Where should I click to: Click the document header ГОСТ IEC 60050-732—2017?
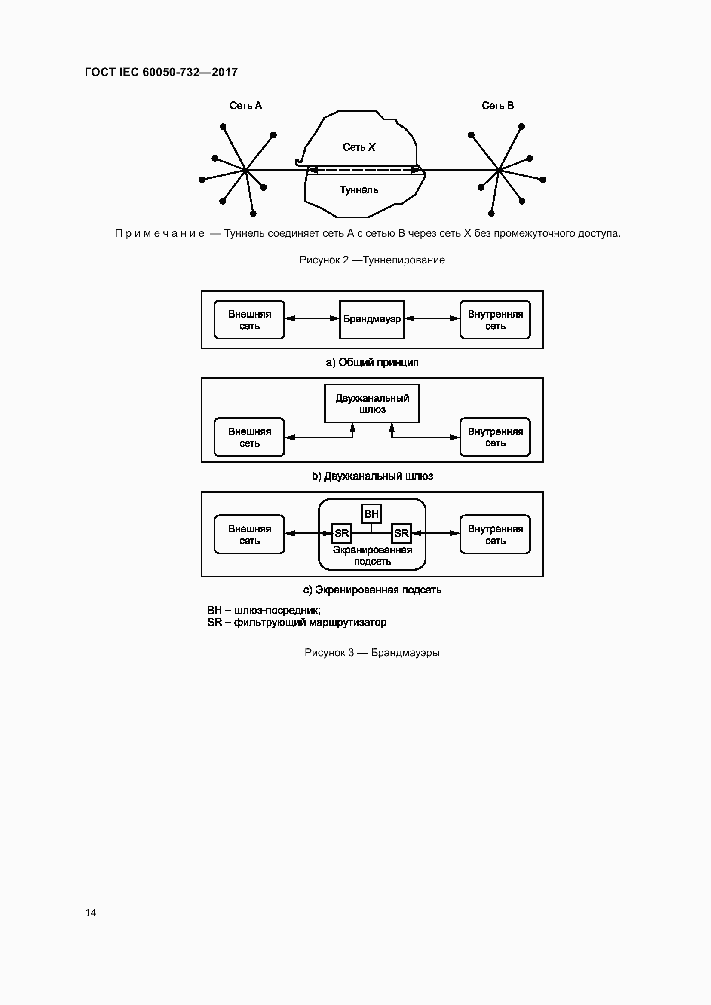click(161, 72)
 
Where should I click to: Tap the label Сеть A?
click(245, 106)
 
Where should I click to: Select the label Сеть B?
click(498, 106)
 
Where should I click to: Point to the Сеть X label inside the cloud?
click(359, 147)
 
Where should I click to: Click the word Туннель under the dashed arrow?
click(359, 190)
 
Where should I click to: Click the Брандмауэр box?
click(372, 319)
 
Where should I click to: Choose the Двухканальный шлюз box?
click(372, 403)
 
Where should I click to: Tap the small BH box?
click(371, 514)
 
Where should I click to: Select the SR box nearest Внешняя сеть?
click(341, 533)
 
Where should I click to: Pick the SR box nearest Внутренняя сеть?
click(401, 533)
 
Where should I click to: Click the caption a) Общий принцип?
click(372, 363)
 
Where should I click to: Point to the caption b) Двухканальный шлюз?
click(372, 476)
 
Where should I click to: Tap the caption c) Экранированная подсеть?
click(372, 590)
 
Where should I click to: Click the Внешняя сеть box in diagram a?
click(250, 320)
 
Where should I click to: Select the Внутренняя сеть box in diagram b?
click(495, 437)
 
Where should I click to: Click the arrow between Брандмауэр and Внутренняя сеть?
click(432, 319)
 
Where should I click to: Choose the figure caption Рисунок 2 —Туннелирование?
click(372, 260)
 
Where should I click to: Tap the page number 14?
click(91, 913)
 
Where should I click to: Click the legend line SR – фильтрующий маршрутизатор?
click(297, 623)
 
